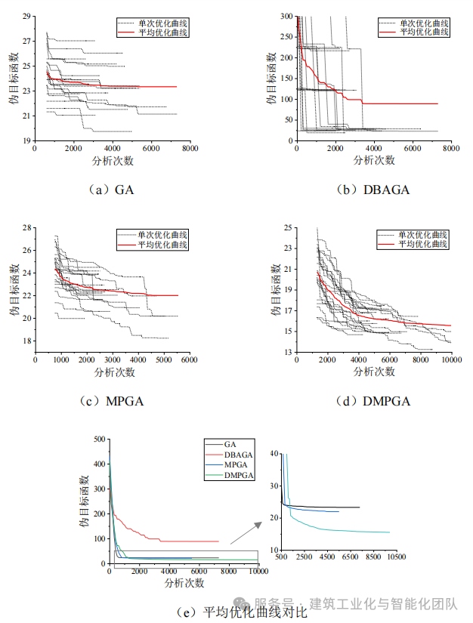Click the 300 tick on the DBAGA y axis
click(286, 16)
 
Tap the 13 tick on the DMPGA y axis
click(288, 352)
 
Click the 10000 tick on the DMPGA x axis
click(450, 360)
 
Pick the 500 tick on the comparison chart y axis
click(97, 439)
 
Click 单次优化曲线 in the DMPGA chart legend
click(424, 234)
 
